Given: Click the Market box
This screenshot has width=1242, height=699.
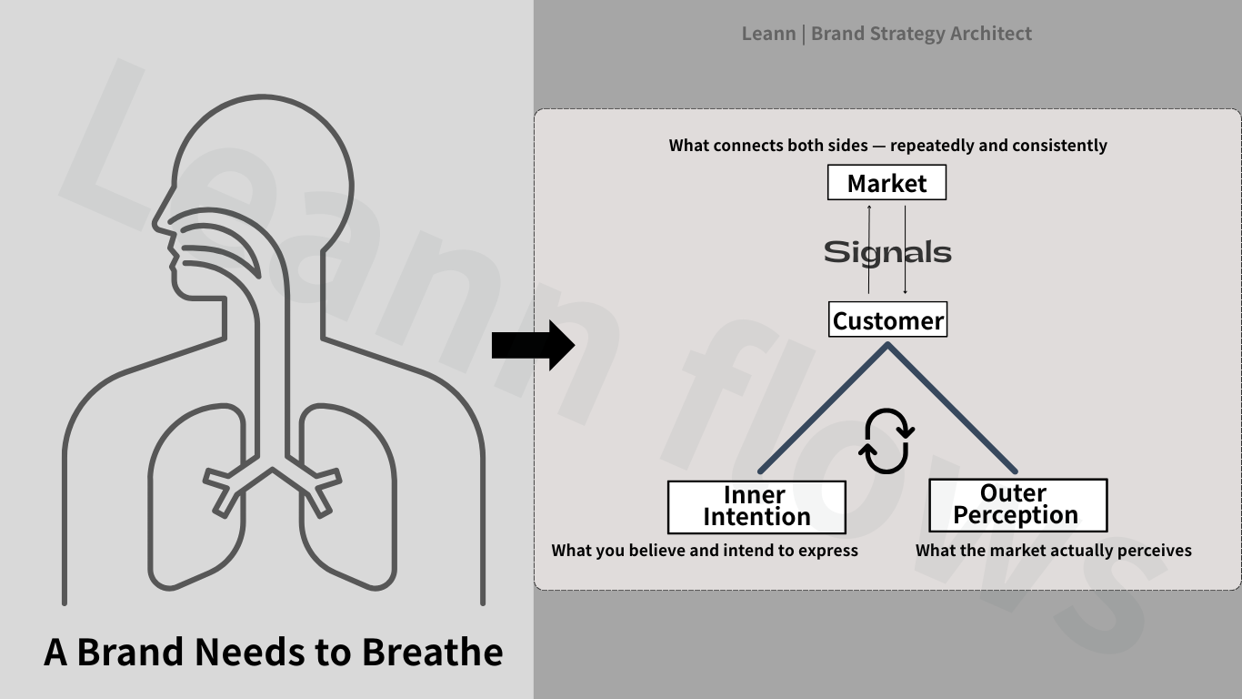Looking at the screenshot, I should (x=886, y=183).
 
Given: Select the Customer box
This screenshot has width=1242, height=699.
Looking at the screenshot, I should (x=887, y=320).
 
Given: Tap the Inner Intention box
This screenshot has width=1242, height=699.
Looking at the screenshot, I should (x=756, y=506).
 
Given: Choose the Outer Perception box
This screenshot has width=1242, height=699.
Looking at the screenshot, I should (x=1017, y=505).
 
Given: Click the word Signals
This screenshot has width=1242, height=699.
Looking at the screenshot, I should (x=887, y=252).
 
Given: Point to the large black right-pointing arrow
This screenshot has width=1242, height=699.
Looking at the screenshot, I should (x=533, y=346).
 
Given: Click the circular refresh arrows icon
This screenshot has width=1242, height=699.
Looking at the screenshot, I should (x=886, y=441).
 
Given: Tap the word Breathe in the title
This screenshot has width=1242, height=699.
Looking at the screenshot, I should (x=433, y=652).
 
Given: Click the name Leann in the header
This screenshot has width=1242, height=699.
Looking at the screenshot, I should (x=768, y=34).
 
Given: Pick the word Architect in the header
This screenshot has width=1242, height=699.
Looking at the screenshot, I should (x=990, y=34).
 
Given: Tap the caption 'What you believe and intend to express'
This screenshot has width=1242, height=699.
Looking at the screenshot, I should (x=705, y=551).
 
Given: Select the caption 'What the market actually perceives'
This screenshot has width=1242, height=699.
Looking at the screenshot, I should (x=1053, y=551).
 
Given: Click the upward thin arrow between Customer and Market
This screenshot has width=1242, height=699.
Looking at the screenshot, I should (x=869, y=250).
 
